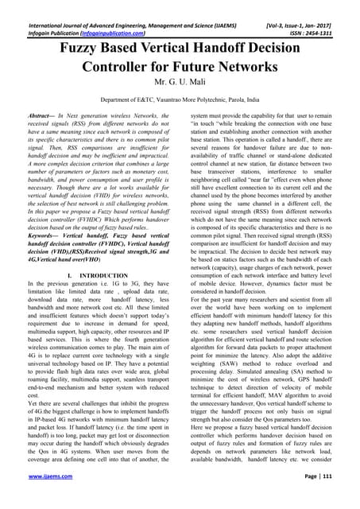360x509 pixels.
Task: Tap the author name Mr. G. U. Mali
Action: [x=180, y=86]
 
